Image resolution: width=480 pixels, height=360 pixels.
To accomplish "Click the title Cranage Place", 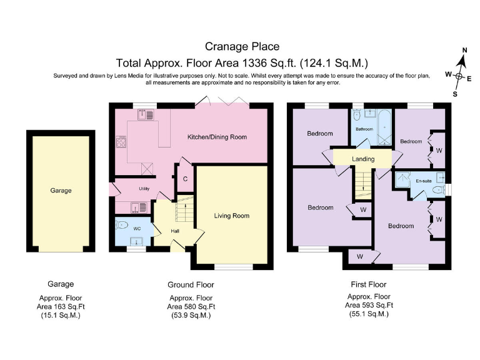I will [x=242, y=46].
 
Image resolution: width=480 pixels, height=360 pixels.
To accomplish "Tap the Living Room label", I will [x=232, y=216].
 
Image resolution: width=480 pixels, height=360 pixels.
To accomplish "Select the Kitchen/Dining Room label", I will [x=217, y=137].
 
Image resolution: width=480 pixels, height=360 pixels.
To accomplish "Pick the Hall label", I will [x=175, y=231].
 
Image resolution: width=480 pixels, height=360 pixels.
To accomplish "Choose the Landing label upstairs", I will [x=363, y=159].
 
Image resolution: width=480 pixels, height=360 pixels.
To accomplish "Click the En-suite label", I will [x=424, y=181].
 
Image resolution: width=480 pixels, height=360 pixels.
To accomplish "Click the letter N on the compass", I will [x=464, y=50].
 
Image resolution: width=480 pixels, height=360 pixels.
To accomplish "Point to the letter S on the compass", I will [x=455, y=94].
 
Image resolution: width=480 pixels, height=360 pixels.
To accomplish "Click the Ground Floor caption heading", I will [x=191, y=284].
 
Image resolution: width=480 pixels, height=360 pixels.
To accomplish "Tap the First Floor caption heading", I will [x=369, y=284].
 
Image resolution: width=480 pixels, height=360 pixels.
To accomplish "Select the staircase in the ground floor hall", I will [x=184, y=211].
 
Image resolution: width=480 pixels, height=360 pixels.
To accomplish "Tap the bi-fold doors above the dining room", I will [x=222, y=102].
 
